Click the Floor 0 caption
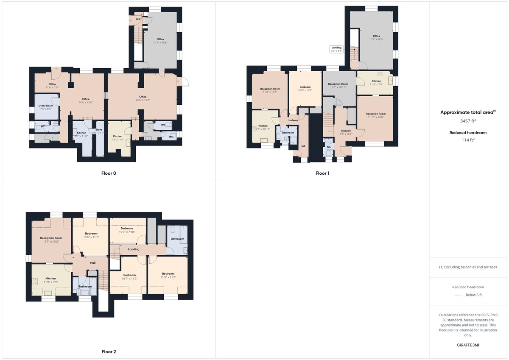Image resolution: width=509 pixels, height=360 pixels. coord(109,173)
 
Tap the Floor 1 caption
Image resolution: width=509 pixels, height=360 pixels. coord(322,173)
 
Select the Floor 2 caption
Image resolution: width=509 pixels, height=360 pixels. coord(109,352)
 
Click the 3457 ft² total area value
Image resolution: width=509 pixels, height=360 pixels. coord(468,121)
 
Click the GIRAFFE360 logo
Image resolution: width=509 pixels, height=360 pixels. coord(468,345)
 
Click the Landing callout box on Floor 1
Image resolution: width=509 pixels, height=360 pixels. coord(336,49)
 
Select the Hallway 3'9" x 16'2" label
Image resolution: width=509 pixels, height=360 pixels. coord(346,132)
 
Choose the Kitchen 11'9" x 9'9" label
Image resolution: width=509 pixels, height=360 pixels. coord(50,280)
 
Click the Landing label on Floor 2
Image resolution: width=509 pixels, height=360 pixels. coord(133,249)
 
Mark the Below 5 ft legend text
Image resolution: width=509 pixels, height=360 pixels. coord(473,295)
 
